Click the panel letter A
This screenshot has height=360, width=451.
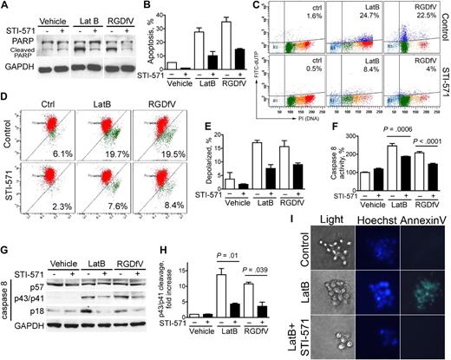pos(7,7)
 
